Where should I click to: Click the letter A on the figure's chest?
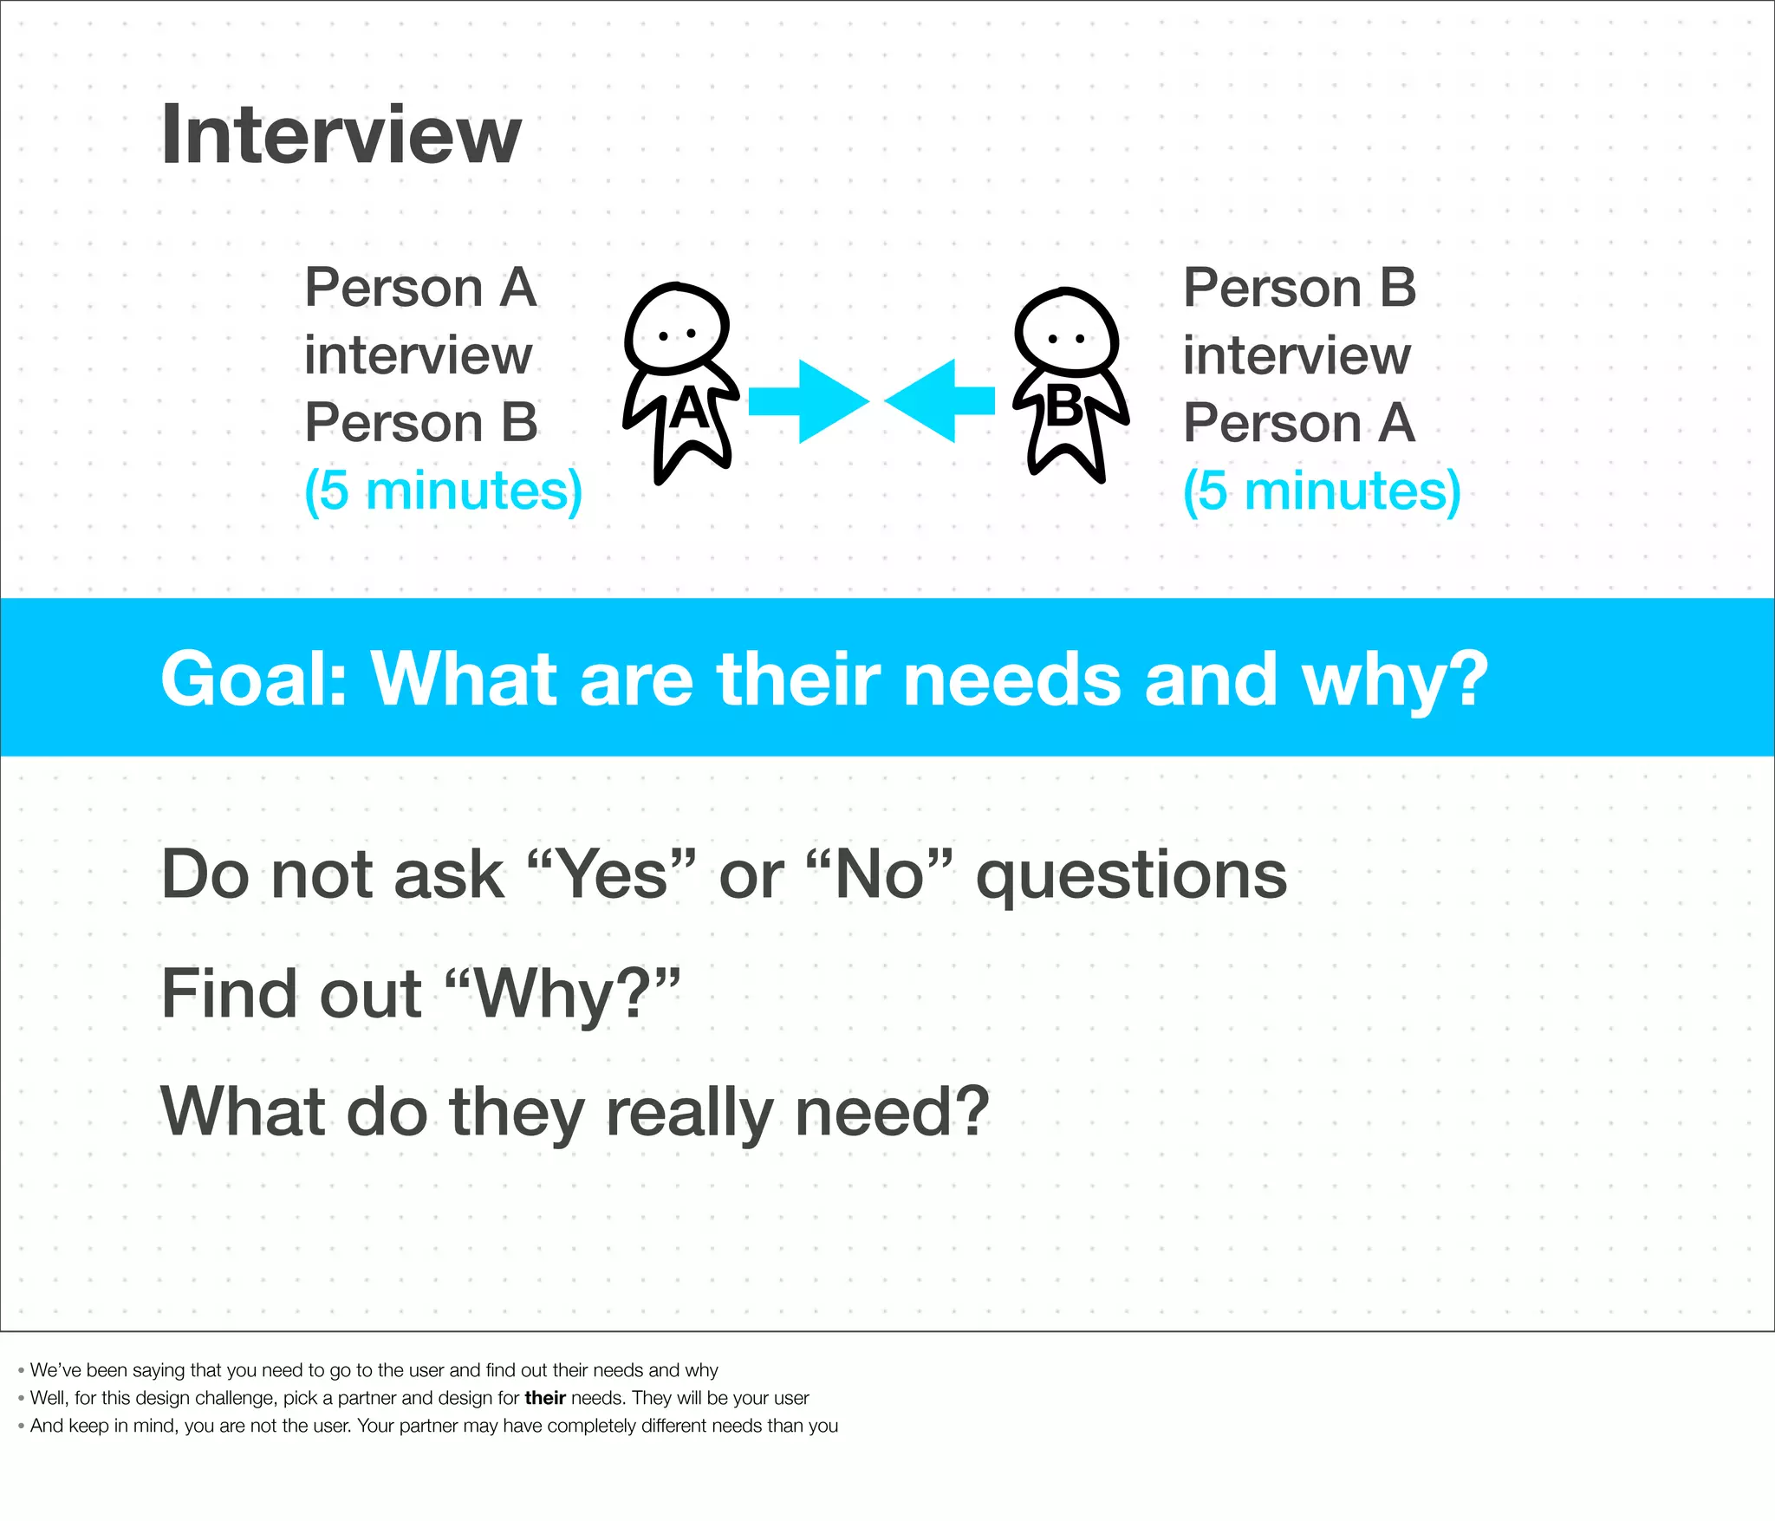(x=689, y=408)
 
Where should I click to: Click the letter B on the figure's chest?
(x=1064, y=406)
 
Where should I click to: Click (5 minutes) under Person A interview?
(x=443, y=491)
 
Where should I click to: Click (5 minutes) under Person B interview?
(x=1322, y=491)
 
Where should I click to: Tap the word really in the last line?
(x=689, y=1113)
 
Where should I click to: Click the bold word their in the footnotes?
(x=544, y=1398)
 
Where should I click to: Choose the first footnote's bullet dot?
(x=21, y=1370)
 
